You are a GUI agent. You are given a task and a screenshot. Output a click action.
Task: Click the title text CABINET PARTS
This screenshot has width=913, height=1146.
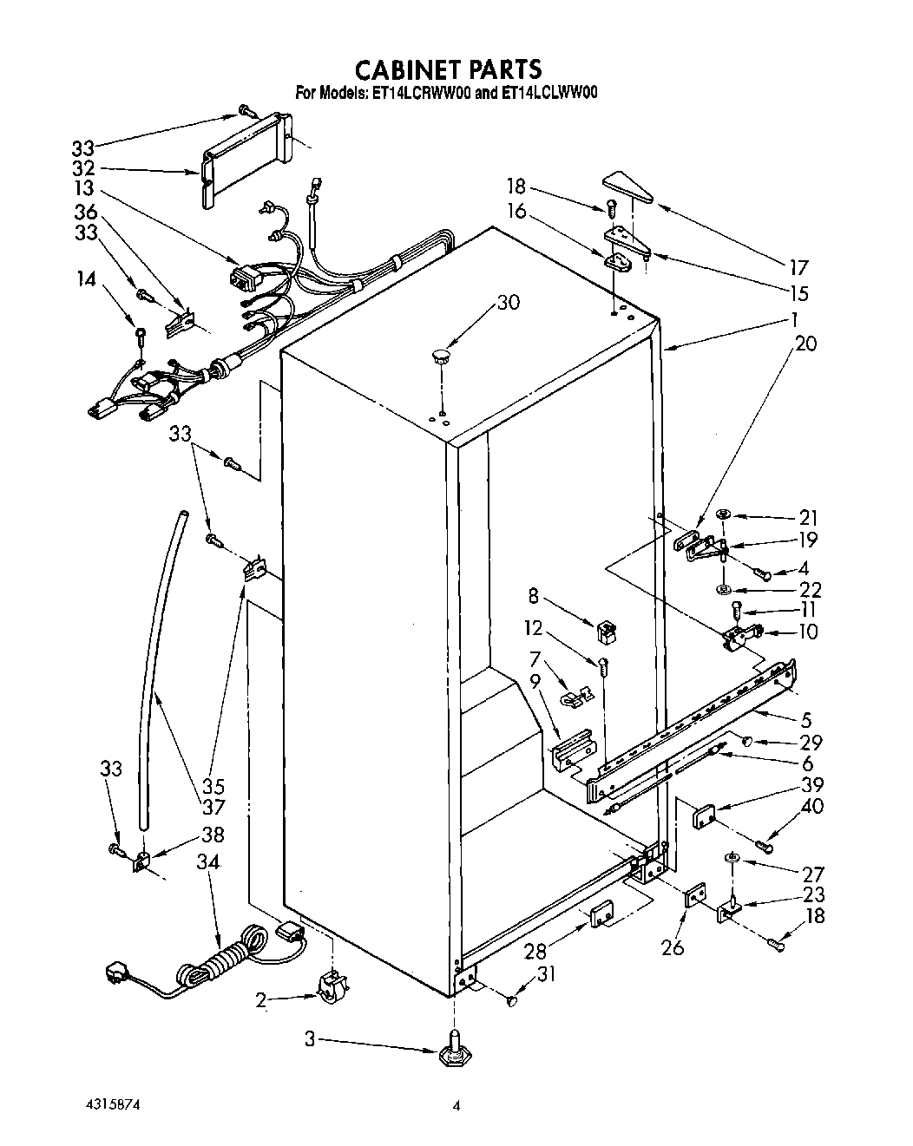[x=450, y=69]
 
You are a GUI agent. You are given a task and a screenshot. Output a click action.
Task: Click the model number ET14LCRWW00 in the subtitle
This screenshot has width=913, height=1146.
[x=421, y=94]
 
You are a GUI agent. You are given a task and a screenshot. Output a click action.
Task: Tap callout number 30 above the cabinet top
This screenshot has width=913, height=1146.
[x=509, y=303]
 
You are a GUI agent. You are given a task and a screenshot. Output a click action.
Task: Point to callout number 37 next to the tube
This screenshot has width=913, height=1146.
[x=213, y=808]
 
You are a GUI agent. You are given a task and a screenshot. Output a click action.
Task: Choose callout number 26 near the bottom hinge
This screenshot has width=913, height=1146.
[x=673, y=946]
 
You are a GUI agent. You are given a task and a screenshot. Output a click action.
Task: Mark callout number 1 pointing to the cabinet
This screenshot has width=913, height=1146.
[x=793, y=318]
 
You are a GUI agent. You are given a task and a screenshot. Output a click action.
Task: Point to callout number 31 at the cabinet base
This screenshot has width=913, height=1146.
[x=545, y=976]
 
